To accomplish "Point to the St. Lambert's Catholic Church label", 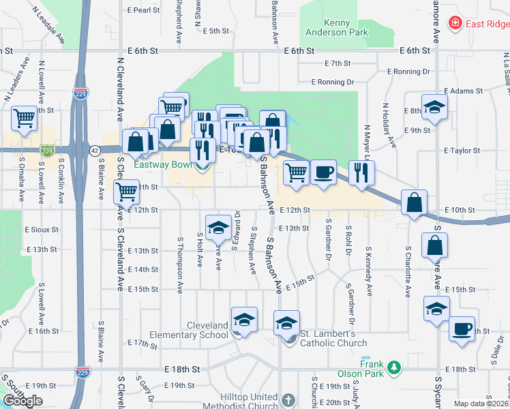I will point(334,338).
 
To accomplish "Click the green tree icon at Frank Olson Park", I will point(393,368).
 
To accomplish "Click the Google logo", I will point(23,401).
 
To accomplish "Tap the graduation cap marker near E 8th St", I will point(434,106).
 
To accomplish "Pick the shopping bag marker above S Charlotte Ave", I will point(414,202).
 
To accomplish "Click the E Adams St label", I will point(464,91).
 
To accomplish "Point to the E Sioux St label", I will point(42,230).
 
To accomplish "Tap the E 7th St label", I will point(337,63).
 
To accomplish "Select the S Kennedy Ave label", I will point(370,271).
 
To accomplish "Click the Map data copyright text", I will point(481,404).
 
